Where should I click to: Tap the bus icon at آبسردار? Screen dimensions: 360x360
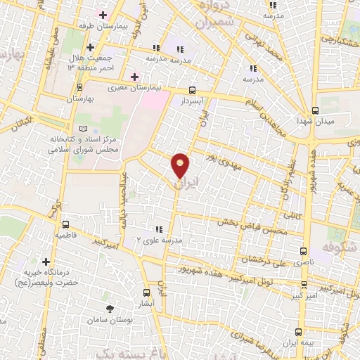click(x=192, y=91)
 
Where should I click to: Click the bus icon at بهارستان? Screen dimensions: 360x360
click(x=79, y=88)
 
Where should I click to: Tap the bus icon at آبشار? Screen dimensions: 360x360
click(x=146, y=292)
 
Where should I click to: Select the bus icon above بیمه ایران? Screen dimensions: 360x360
click(x=299, y=332)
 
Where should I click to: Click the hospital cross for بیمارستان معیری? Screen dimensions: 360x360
click(x=134, y=76)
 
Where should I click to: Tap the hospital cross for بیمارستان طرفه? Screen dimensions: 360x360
click(x=103, y=15)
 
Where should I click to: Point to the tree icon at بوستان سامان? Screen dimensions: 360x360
click(x=109, y=308)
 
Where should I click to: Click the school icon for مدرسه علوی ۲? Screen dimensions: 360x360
click(x=159, y=229)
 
